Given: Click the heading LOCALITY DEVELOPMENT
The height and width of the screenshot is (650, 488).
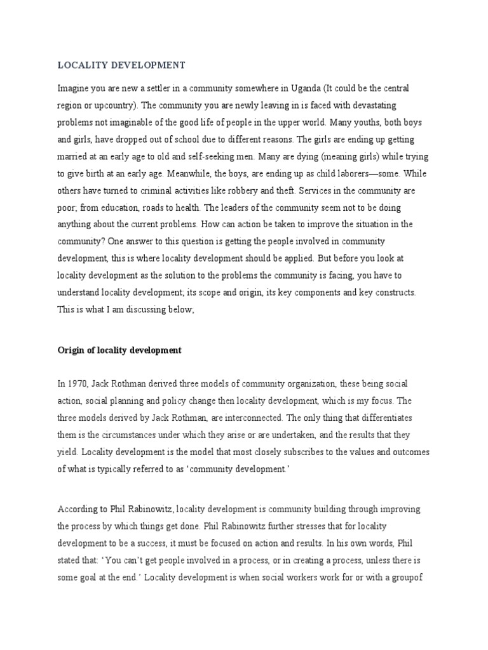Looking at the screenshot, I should click(121, 65).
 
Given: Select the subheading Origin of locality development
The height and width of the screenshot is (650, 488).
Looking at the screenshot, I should click(119, 350).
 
